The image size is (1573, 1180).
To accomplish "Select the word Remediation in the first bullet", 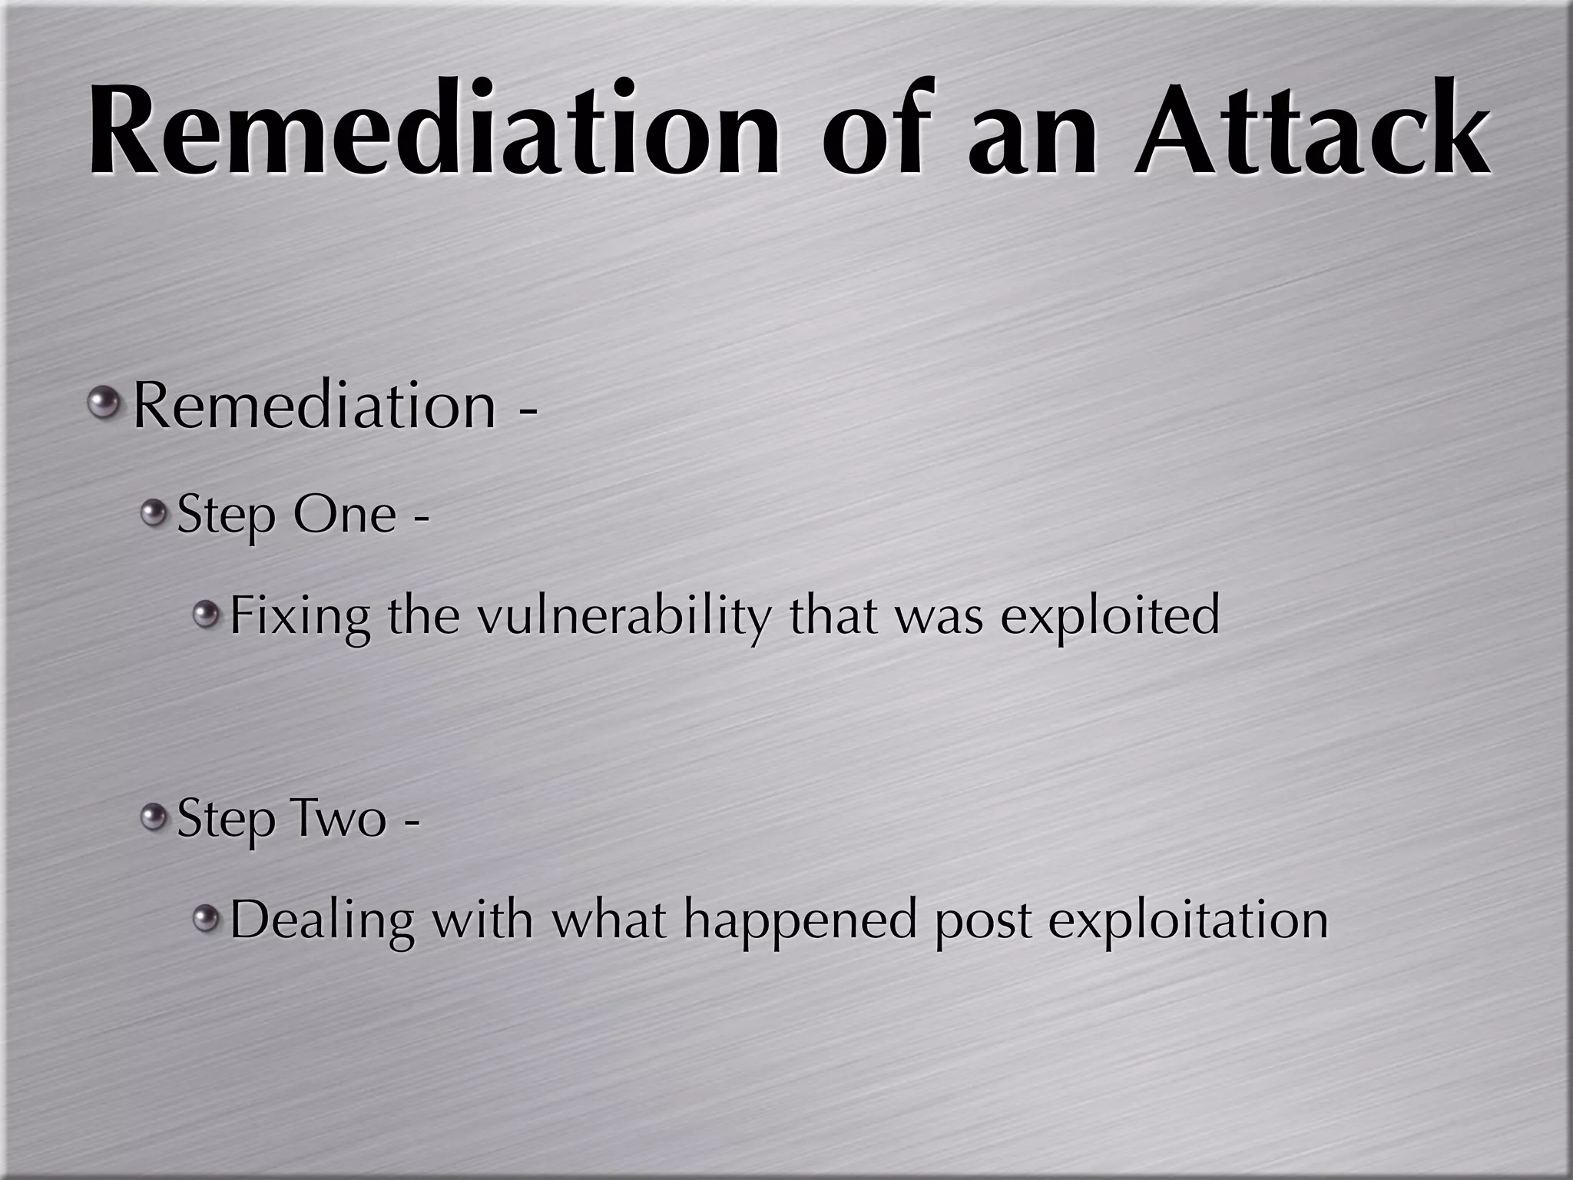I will coord(315,406).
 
